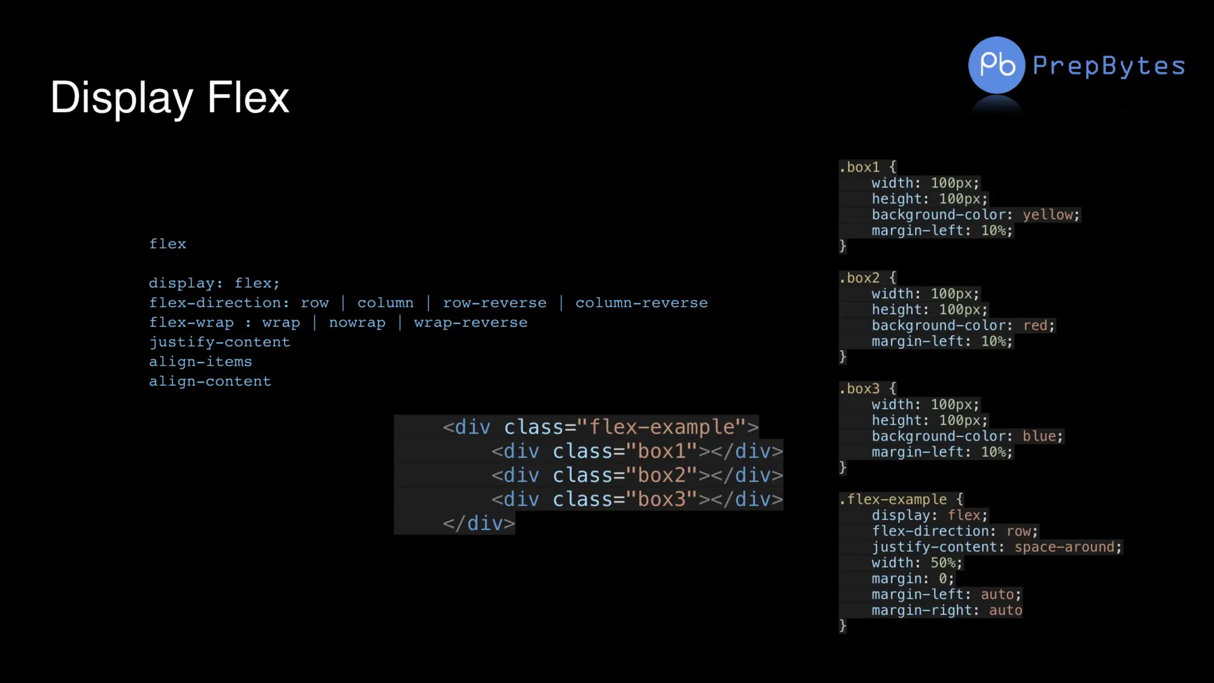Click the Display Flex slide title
point(170,97)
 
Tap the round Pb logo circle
point(996,65)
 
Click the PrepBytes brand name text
point(1108,66)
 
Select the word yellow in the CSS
point(1048,215)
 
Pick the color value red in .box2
point(1035,325)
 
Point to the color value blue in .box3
point(1039,436)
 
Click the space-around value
point(1064,547)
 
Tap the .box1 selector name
point(860,167)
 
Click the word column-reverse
point(641,303)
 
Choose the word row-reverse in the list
point(494,303)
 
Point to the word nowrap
point(357,323)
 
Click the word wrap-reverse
point(471,323)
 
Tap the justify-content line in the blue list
point(219,342)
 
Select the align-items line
point(200,362)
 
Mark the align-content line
point(210,381)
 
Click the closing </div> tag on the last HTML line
point(479,524)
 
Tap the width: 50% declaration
point(916,563)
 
